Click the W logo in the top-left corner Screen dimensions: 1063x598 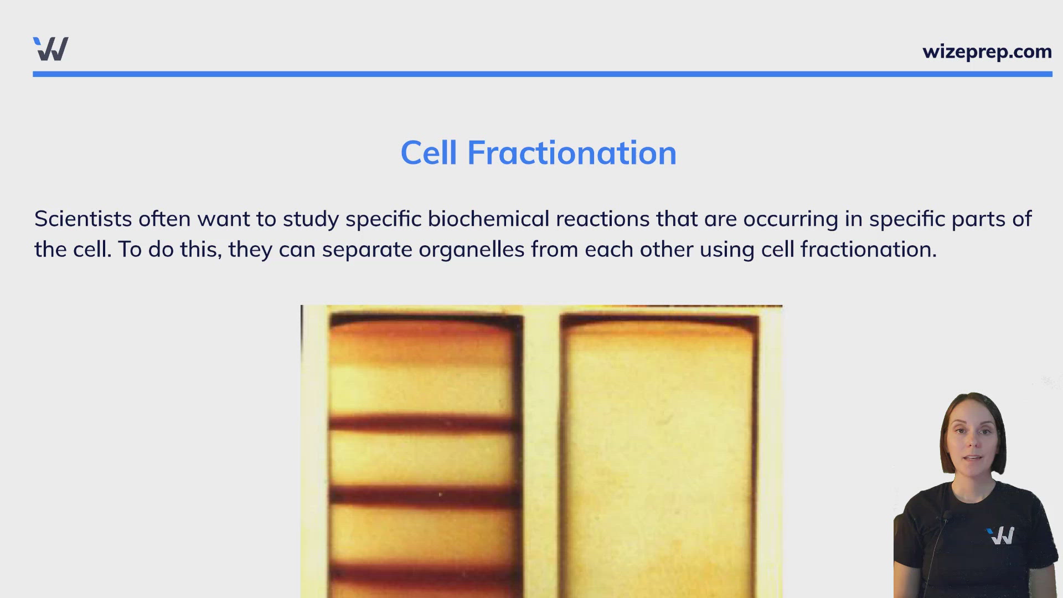click(51, 49)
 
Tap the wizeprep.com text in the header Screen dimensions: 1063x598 click(987, 51)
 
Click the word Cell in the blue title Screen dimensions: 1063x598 click(429, 153)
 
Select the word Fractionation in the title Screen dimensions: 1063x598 click(572, 153)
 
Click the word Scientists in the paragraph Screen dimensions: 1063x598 click(83, 219)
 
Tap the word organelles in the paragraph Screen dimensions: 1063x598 click(471, 250)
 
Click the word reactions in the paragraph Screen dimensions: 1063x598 click(603, 219)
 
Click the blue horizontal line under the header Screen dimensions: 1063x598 click(543, 74)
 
